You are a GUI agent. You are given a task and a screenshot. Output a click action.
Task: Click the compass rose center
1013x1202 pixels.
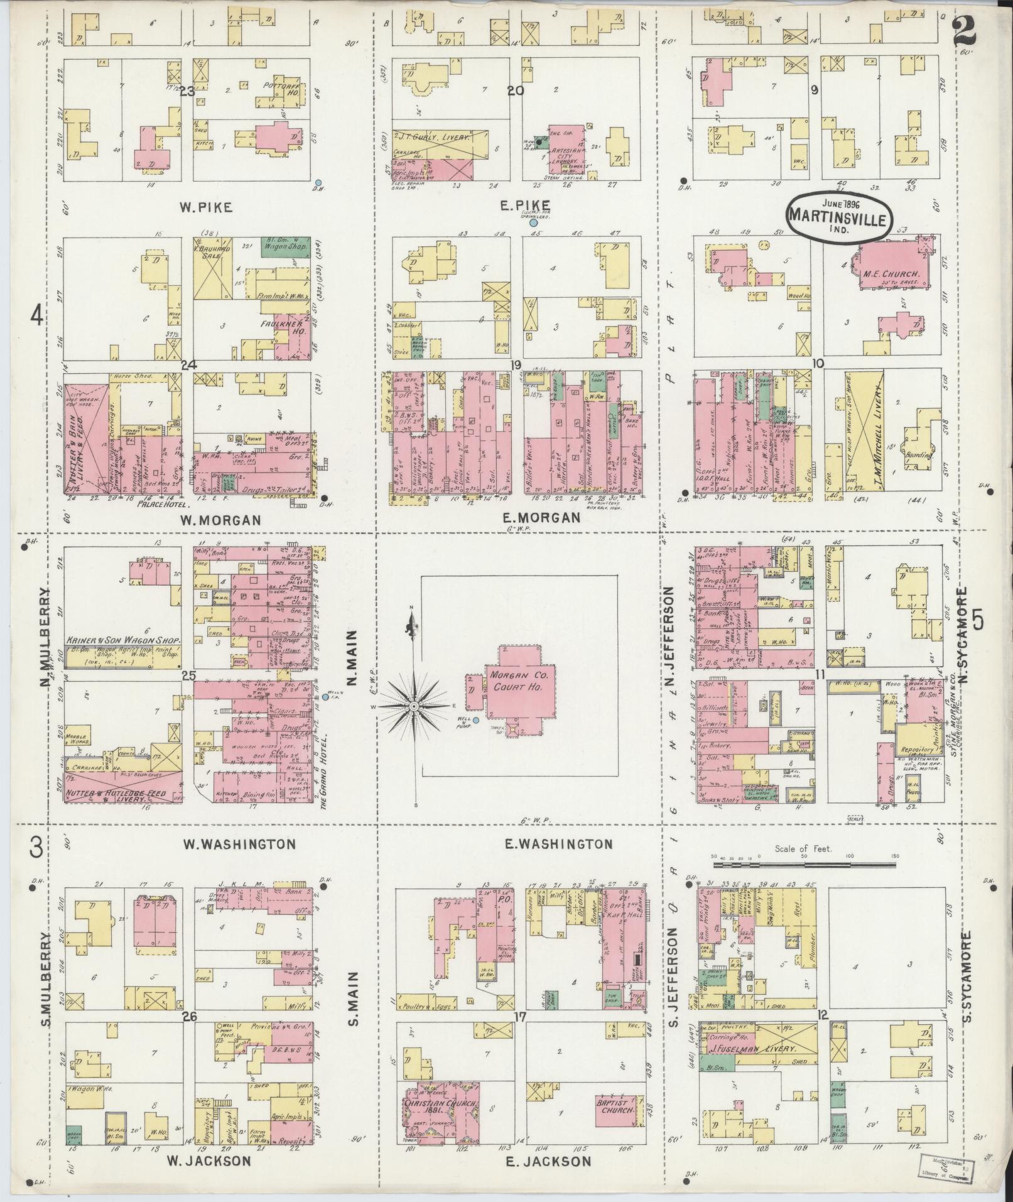click(x=414, y=707)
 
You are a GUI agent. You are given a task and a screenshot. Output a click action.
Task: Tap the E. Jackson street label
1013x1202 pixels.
click(x=548, y=1161)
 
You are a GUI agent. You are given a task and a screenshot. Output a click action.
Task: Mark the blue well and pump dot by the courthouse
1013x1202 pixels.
click(x=476, y=720)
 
